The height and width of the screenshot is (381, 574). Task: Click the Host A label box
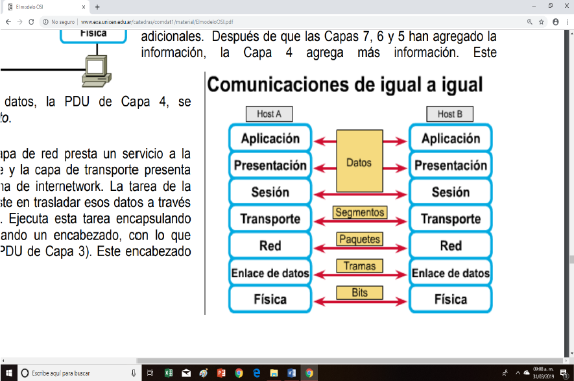pos(269,114)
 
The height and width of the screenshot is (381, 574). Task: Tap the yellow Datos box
pos(359,162)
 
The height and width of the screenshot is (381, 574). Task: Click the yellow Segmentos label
pos(359,212)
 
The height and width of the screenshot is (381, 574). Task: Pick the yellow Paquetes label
pos(359,240)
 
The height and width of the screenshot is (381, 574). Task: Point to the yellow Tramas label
pos(359,265)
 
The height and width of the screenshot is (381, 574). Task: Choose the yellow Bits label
pos(359,293)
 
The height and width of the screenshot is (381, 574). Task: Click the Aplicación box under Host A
pos(270,138)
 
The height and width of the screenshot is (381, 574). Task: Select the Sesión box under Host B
pos(450,192)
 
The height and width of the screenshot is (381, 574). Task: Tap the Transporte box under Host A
pos(270,219)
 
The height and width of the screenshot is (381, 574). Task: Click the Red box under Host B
pos(450,246)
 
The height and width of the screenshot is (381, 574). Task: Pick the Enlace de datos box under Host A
pos(270,273)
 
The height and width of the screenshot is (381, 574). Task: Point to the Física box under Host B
pos(450,299)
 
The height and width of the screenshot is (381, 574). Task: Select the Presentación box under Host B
pos(450,166)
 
